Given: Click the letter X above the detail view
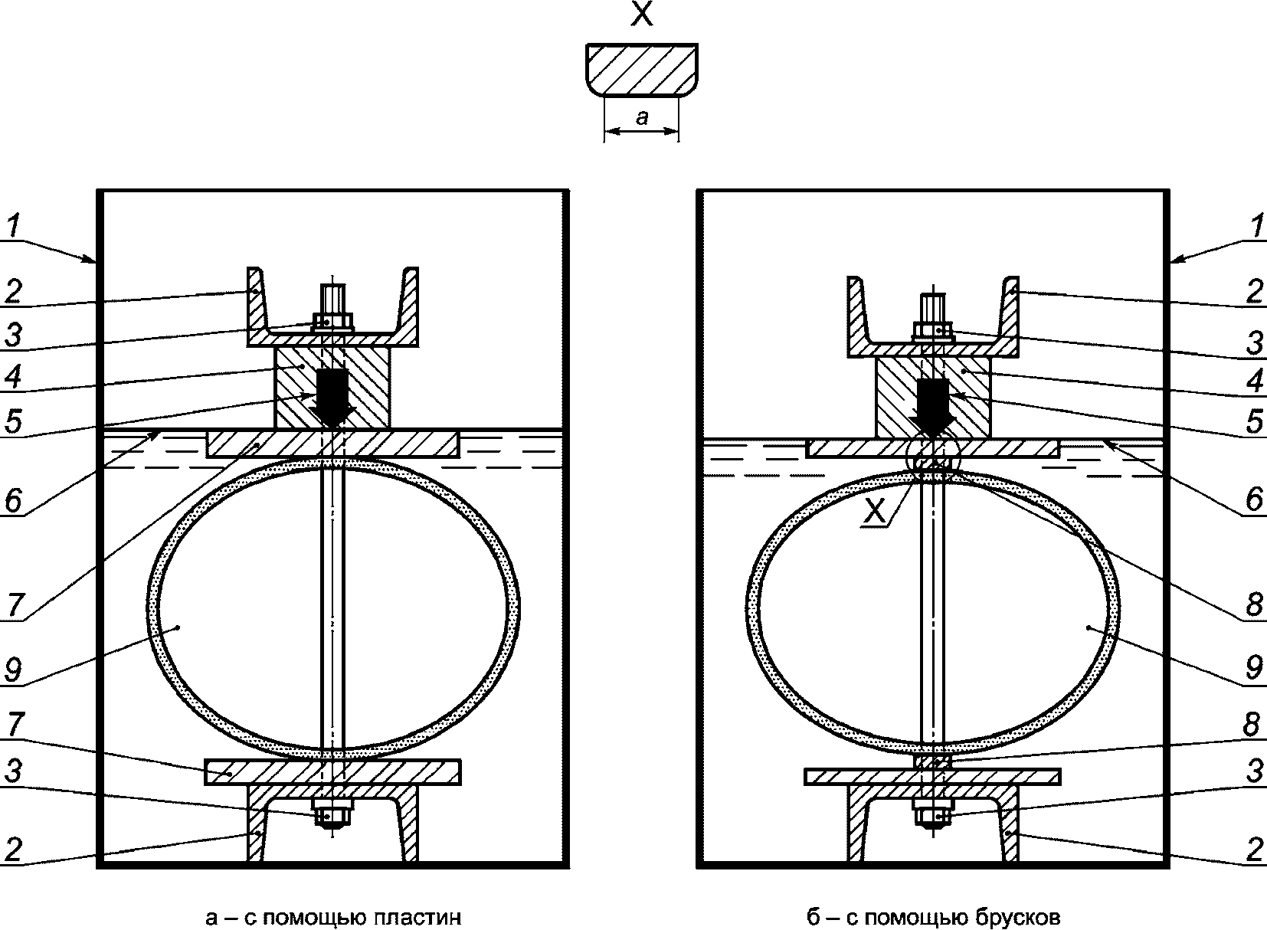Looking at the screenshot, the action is [641, 14].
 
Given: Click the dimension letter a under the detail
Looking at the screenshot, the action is [641, 118].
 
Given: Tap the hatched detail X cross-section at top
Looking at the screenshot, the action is [641, 70].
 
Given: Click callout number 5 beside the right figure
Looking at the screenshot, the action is [1255, 421].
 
